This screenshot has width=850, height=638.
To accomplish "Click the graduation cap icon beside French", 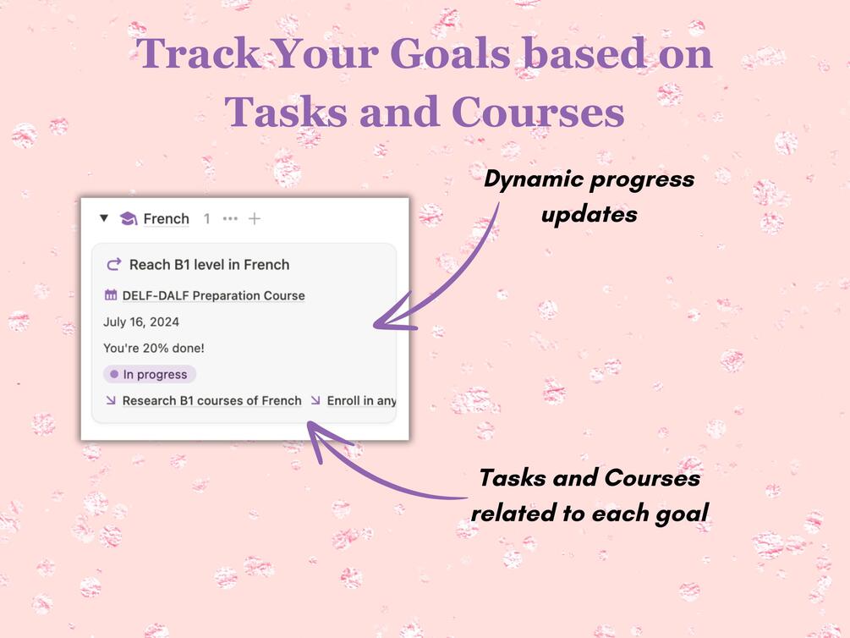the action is pos(129,218).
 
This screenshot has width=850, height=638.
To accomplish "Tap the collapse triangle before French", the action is pos(104,218).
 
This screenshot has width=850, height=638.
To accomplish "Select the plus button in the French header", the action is pos(255,218).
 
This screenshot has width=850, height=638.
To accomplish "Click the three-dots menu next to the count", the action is pos(230,218).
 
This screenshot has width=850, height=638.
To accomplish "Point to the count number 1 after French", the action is pos(206,218).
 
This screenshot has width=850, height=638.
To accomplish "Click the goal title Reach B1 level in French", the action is pos(209,265).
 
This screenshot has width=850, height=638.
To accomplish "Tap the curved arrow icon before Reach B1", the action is pos(114,264).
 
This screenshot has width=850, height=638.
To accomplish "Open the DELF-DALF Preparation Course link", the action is pos(214,295).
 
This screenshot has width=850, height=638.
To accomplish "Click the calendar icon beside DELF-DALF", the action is pos(111,295).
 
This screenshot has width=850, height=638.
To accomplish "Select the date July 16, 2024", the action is pos(141,322).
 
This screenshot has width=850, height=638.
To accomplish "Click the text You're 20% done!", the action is pos(154,349).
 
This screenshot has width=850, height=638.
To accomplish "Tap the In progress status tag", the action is pos(150,374).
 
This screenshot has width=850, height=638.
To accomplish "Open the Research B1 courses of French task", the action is pos(212,400).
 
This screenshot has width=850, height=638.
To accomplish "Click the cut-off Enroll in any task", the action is pos(362,400).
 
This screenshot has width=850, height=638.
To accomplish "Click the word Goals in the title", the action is pos(451,53).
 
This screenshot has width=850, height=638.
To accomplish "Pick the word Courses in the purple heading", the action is pos(538,112).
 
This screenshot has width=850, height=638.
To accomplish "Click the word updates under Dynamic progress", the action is pos(590,215).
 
